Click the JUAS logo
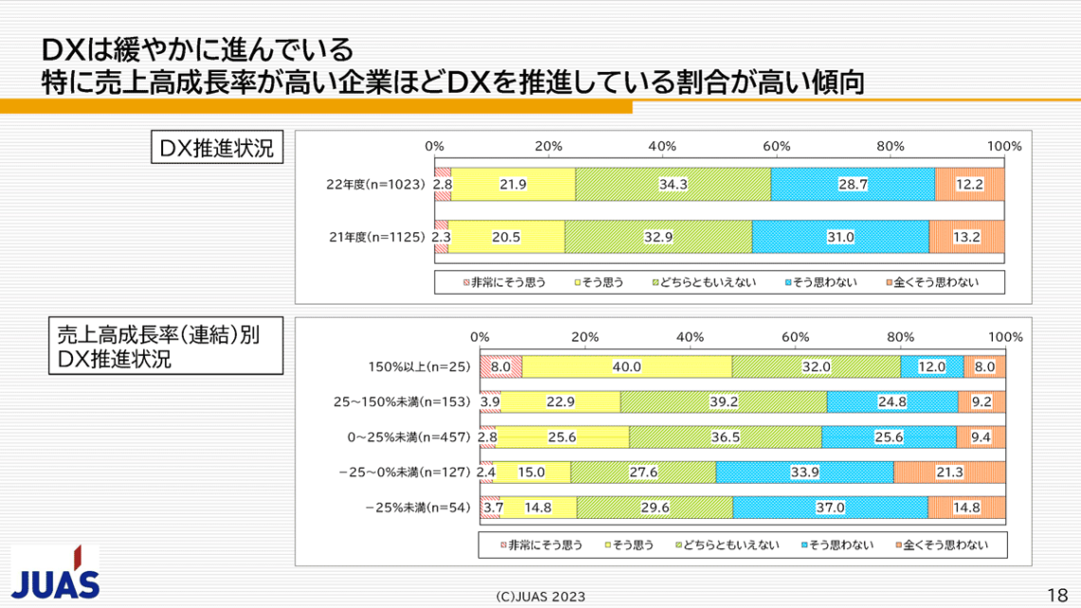[x=55, y=573]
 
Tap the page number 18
[x=1057, y=595]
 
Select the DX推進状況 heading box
[x=217, y=148]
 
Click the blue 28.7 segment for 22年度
[x=852, y=184]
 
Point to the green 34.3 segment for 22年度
[x=672, y=184]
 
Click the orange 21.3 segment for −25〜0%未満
[x=948, y=471]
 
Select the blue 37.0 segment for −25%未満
[x=830, y=507]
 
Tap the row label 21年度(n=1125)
[x=374, y=236]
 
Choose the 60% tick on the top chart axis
[x=777, y=146]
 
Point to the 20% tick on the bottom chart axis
[x=585, y=337]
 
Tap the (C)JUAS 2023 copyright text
[x=540, y=597]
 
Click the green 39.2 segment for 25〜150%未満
[x=723, y=401]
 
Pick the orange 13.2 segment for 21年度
[x=966, y=236]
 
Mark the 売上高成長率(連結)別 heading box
[x=162, y=346]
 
